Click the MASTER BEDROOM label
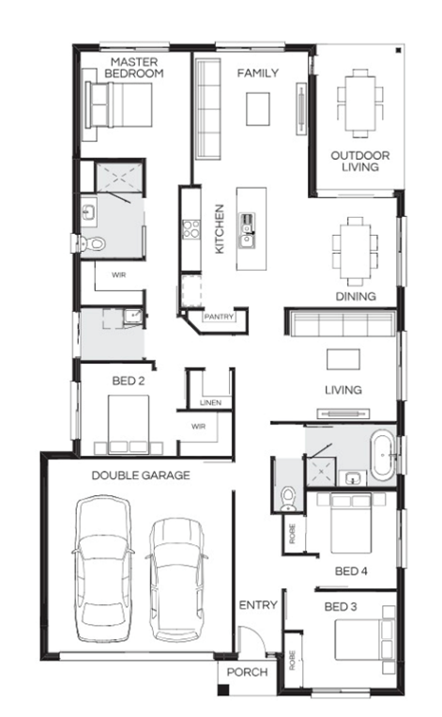134,68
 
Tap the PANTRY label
219,317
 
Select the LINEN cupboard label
210,402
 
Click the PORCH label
247,672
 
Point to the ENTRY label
258,605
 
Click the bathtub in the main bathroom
383,455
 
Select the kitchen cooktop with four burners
191,229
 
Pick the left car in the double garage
103,568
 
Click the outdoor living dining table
360,103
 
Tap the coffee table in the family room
258,109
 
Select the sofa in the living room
343,324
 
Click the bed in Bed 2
129,425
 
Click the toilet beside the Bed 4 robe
288,499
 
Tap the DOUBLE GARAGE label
141,475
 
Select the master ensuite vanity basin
88,212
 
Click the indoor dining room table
356,251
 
